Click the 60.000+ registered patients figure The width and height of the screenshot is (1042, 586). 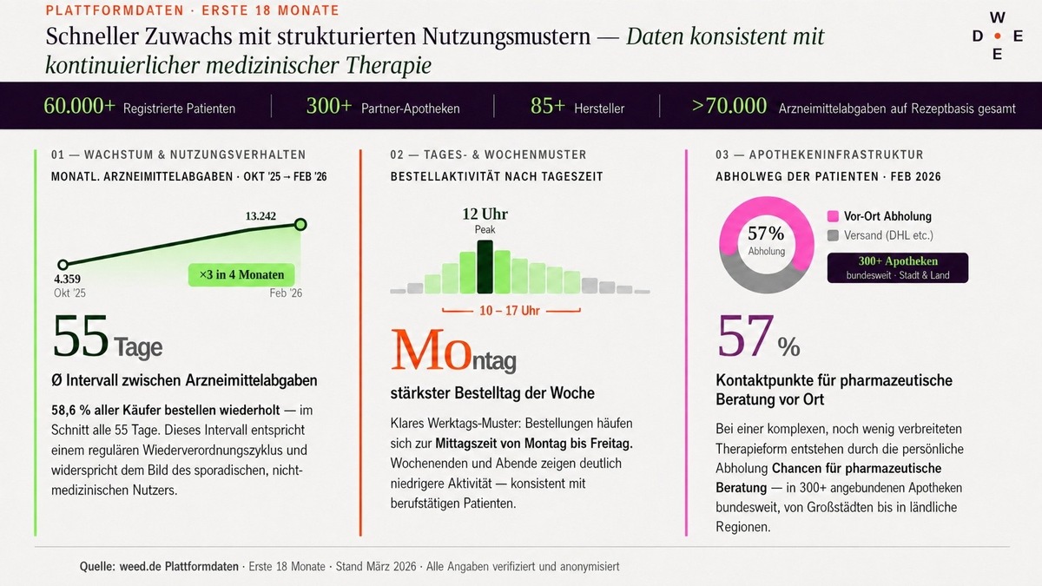(x=79, y=107)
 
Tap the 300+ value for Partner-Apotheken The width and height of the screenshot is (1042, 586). (x=329, y=107)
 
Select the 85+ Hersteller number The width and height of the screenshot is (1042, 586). (x=548, y=107)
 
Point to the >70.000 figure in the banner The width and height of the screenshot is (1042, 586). (x=729, y=107)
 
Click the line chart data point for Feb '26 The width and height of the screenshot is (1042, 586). (x=300, y=225)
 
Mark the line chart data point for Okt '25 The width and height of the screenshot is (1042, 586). (x=63, y=265)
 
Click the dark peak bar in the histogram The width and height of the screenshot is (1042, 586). (x=485, y=267)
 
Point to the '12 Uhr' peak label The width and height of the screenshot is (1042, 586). (x=485, y=214)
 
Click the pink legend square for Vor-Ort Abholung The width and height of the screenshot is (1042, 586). (x=834, y=216)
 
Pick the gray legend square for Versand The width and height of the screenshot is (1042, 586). (x=834, y=235)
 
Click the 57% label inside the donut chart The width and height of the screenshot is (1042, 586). (x=766, y=234)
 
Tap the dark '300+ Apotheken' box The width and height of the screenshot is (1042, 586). (x=898, y=267)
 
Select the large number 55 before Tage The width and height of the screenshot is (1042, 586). (x=81, y=338)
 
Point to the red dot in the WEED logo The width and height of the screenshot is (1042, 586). (x=997, y=36)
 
